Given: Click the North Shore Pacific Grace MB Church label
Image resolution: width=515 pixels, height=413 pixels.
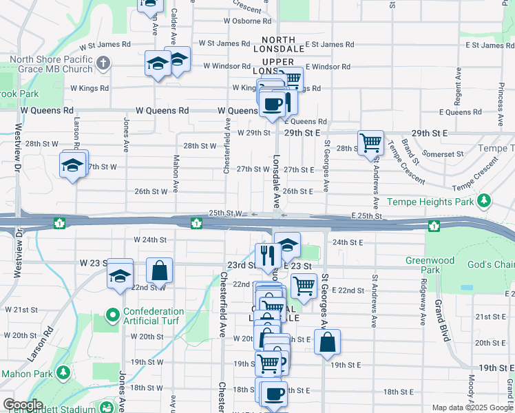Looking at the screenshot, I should (47, 64).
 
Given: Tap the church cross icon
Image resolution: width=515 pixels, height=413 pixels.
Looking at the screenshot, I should (103, 64).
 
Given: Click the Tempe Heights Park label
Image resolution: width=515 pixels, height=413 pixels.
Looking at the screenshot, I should (431, 202).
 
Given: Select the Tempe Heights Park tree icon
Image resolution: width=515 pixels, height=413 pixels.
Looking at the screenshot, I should (485, 201).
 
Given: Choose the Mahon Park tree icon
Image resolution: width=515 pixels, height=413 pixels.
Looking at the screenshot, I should (63, 373).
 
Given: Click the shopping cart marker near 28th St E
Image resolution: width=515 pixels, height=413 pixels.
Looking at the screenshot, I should (371, 143).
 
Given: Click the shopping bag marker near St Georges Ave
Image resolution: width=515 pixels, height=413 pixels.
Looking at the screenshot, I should (327, 341).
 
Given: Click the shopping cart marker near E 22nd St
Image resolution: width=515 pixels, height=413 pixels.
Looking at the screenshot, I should (303, 284).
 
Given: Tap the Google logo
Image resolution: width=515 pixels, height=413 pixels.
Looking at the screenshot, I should (23, 405).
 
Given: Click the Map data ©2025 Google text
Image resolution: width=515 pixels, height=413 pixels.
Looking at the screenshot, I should (472, 407).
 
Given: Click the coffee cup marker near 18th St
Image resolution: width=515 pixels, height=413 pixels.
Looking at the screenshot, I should (274, 394).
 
